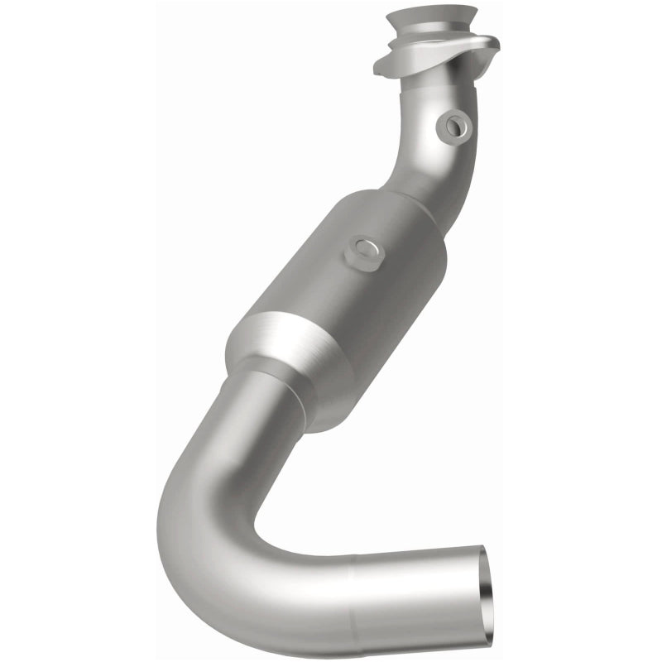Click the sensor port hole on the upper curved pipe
click(x=454, y=125)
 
